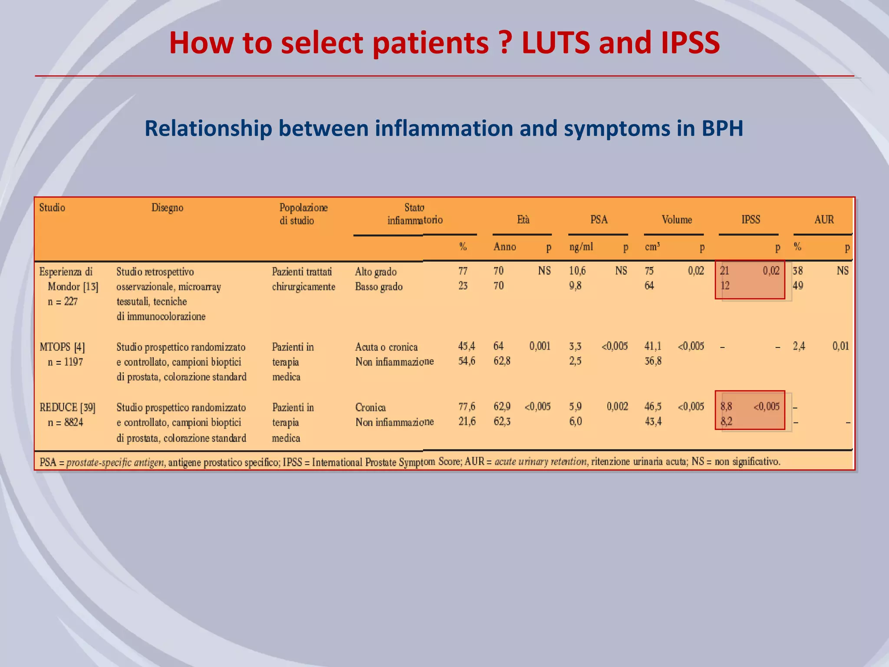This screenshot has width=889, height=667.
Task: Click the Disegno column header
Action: point(167,208)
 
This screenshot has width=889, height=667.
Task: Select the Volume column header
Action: point(676,220)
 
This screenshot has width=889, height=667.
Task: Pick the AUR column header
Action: point(823,220)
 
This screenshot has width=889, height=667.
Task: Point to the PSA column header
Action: point(599,220)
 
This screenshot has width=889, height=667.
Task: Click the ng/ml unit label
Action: point(581,247)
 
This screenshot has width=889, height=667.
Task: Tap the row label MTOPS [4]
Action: point(62,347)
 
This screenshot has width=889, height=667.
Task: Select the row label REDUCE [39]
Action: point(67,407)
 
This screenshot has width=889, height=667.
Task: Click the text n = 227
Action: point(63,301)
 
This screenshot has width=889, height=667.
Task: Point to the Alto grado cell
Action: point(375,272)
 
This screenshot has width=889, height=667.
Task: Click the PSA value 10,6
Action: point(577,271)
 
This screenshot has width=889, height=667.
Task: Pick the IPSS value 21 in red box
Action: point(724,271)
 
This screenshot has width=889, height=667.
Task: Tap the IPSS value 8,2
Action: point(726,421)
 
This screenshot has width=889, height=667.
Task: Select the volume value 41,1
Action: point(652,346)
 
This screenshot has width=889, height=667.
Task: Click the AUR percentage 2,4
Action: point(798,346)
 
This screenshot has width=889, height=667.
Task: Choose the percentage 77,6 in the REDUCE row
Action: point(467,406)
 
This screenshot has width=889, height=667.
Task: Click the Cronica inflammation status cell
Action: point(370,407)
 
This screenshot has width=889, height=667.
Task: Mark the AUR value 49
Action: point(797,286)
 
